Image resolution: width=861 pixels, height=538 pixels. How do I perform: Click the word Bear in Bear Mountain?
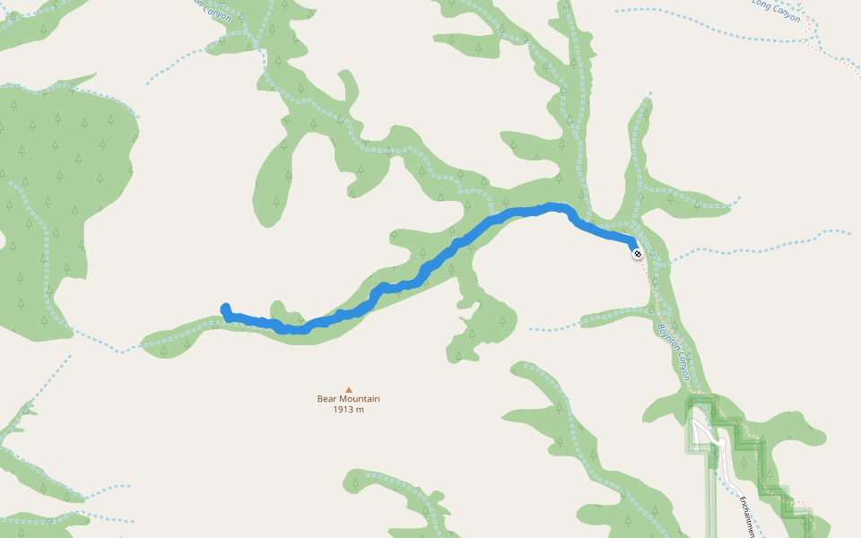[328, 399]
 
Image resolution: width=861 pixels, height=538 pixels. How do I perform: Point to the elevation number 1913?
[344, 410]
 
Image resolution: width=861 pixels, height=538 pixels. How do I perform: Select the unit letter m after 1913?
[361, 410]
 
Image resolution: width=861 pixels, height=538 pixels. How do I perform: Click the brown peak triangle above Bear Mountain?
[349, 388]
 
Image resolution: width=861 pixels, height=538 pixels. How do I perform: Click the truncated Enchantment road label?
[746, 516]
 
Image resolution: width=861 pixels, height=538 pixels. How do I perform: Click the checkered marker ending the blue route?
[637, 254]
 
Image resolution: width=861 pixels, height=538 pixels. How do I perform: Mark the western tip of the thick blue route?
[224, 308]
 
